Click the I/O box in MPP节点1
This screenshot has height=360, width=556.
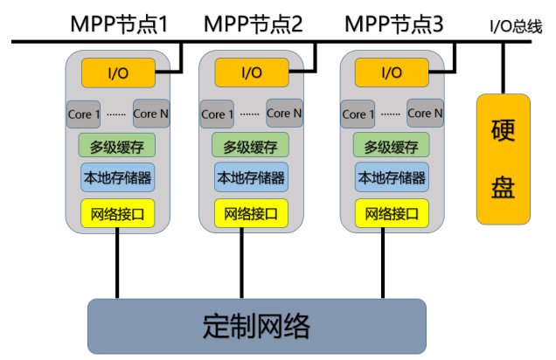(x=117, y=73)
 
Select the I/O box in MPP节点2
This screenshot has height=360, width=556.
(x=251, y=73)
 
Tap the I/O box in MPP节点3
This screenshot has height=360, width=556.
(x=392, y=73)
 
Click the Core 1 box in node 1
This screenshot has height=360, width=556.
(x=84, y=114)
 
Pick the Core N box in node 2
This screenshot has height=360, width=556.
(x=284, y=114)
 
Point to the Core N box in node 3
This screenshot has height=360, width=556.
(x=426, y=114)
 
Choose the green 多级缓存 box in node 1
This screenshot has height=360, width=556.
(x=117, y=146)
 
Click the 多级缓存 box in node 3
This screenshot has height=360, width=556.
(x=392, y=146)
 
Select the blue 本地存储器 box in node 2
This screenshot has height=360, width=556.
(x=251, y=177)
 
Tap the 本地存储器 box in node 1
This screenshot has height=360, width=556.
(x=117, y=177)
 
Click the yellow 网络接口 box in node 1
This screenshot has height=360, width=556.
(x=117, y=212)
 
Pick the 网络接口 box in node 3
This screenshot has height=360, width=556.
(x=392, y=212)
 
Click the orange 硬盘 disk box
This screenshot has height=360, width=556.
(x=503, y=159)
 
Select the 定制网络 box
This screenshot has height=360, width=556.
(x=257, y=327)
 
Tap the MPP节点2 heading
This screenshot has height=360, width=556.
(x=254, y=24)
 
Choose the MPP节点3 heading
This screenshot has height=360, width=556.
(x=394, y=24)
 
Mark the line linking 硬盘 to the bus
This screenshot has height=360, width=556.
(x=503, y=68)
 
